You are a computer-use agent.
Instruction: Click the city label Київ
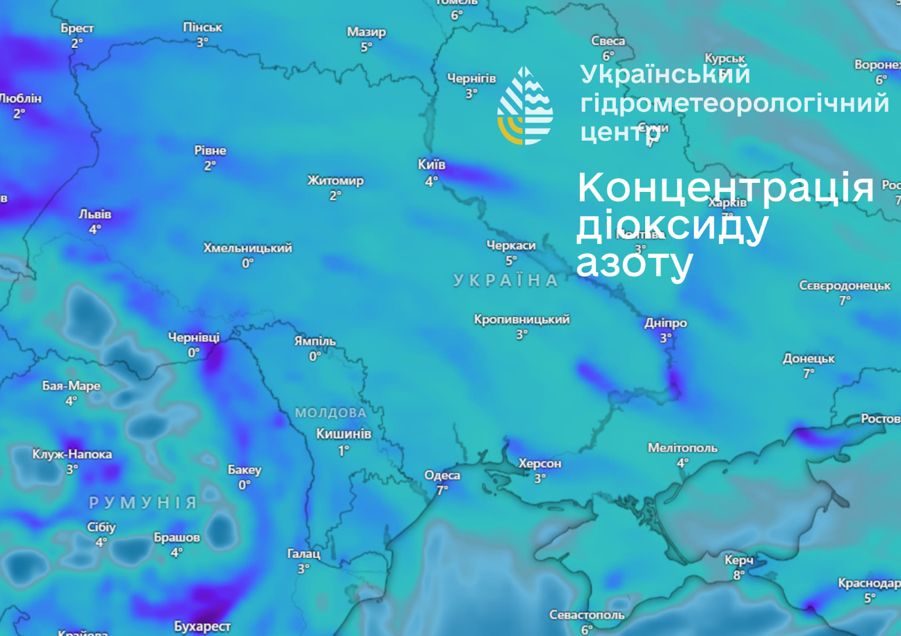(431, 165)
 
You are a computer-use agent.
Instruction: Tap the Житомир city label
(335, 181)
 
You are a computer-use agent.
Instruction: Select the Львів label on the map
(95, 214)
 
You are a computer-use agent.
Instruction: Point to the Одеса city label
(442, 475)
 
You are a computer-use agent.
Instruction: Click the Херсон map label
(539, 464)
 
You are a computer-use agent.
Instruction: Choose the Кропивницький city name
(521, 320)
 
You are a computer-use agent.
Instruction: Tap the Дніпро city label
(665, 323)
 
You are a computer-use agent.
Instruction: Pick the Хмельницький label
(247, 248)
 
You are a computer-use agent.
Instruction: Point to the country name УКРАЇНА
(506, 281)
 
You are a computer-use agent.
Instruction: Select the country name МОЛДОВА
(330, 413)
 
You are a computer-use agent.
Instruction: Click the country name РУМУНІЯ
(143, 503)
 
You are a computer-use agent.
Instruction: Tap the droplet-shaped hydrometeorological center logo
(525, 106)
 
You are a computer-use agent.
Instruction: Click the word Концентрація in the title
(724, 188)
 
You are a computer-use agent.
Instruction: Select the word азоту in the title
(634, 263)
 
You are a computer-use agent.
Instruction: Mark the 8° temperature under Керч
(738, 575)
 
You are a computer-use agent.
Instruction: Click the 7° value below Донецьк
(809, 373)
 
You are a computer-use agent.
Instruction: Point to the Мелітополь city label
(682, 448)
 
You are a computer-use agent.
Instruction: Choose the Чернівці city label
(193, 338)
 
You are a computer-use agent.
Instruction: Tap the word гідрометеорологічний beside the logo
(734, 103)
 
